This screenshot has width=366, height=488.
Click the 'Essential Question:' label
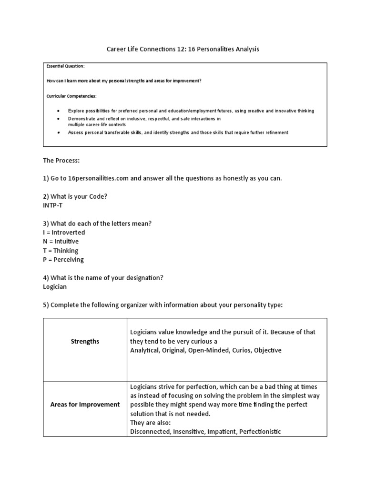click(65, 66)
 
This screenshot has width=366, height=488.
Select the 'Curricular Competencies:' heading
click(71, 96)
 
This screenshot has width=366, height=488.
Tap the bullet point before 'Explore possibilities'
click(58, 111)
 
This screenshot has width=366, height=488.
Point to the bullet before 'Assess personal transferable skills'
click(58, 132)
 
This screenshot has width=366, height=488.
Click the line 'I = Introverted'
click(64, 233)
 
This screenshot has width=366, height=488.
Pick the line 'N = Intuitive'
click(61, 242)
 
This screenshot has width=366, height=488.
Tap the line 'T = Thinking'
click(61, 251)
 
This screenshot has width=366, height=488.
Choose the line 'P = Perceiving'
click(63, 260)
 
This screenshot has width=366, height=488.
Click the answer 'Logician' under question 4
click(55, 287)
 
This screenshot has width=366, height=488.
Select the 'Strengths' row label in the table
click(85, 341)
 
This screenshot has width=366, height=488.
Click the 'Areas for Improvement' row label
click(85, 404)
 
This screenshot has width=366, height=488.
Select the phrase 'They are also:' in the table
click(150, 423)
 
